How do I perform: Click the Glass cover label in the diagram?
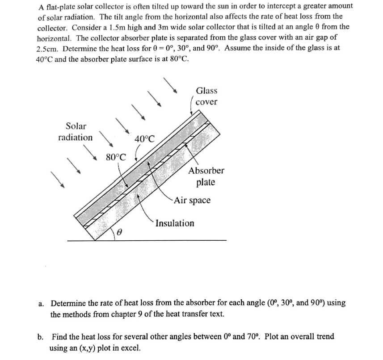coord(206,96)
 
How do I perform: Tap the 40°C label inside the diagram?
coord(145,139)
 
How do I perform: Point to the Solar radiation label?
coord(76,132)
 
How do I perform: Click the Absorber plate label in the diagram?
coord(206,176)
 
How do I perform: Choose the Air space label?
coord(192,200)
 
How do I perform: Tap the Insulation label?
coord(175,223)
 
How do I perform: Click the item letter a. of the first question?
coord(41,303)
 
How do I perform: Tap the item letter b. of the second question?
coord(41,337)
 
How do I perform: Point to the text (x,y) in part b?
coord(85,347)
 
